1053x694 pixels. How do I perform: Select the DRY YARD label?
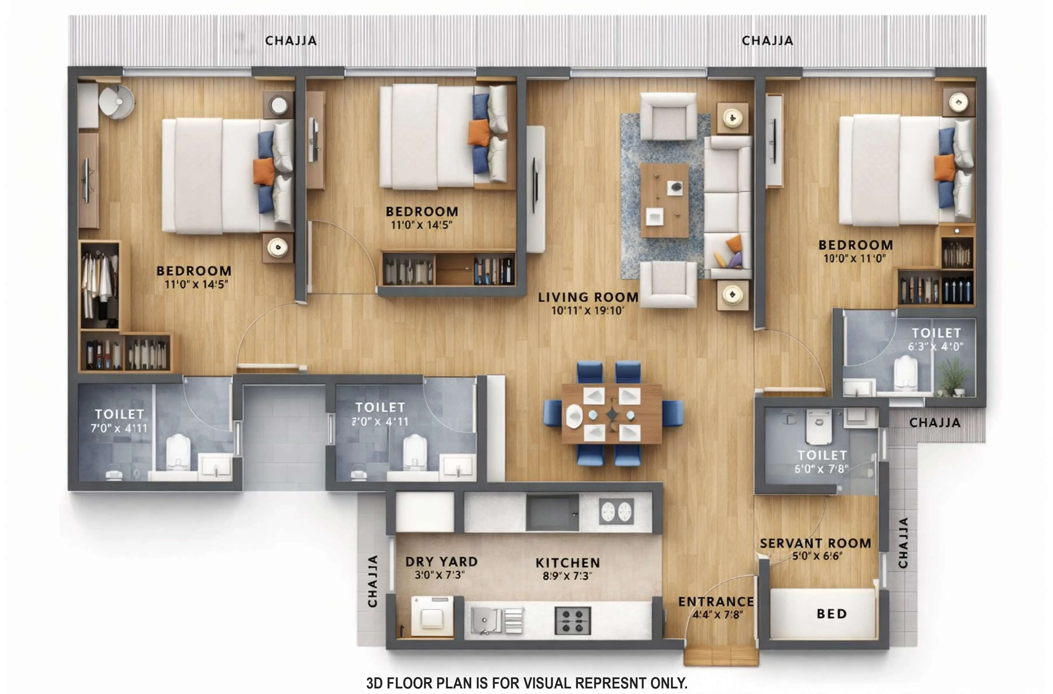click(441, 562)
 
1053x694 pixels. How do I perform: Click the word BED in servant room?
click(831, 614)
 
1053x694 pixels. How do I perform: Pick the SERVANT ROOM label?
click(815, 543)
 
